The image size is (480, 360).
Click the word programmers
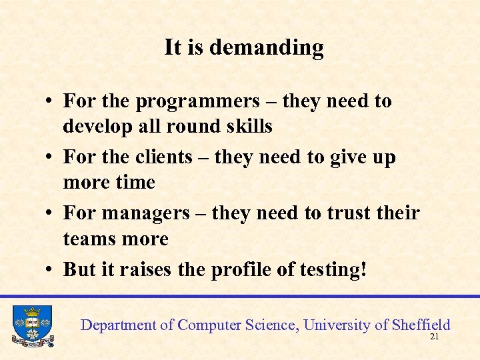coord(197,101)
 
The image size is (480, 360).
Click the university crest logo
coord(32,325)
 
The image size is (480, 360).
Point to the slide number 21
coord(435,337)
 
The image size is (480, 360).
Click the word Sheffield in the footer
coord(421,325)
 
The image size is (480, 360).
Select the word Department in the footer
coord(118,325)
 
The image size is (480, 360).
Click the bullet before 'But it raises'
coord(50,270)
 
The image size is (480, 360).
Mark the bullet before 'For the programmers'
coord(50,102)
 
